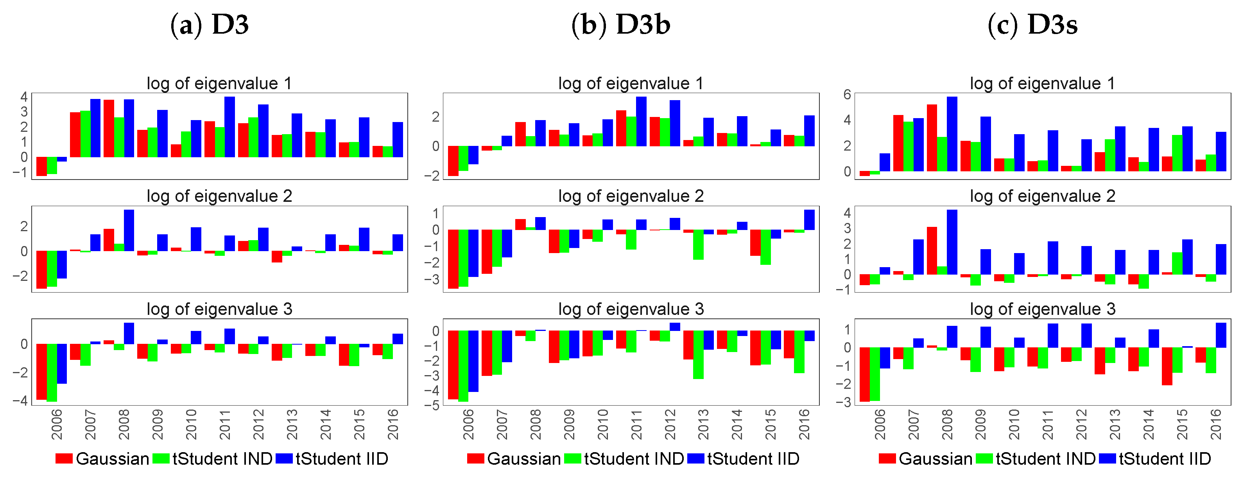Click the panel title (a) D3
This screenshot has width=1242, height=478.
point(210,25)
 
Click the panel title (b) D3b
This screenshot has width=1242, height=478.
point(620,25)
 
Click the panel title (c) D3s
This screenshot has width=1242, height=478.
point(1032,25)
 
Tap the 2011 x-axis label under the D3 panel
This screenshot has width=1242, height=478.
point(225,424)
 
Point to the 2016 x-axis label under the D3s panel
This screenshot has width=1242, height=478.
point(1215,424)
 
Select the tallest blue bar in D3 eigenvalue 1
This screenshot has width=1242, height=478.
point(229,127)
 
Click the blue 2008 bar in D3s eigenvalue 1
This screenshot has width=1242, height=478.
point(952,134)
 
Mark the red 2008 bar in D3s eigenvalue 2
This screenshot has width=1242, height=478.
point(932,251)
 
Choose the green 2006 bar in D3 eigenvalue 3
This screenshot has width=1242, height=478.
point(52,372)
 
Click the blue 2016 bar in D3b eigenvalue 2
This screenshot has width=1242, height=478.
point(809,220)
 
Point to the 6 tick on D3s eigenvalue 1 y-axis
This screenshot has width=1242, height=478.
point(847,95)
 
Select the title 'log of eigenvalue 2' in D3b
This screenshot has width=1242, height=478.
point(631,196)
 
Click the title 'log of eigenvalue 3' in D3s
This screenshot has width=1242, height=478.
point(1042,309)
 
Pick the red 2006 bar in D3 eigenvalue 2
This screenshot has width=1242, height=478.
point(41,270)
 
